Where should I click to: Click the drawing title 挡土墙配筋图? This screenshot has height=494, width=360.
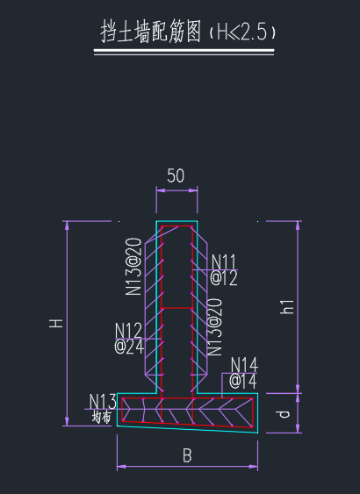151,31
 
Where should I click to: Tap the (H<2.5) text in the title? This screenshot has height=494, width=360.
242,32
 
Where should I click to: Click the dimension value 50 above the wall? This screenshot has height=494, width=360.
176,175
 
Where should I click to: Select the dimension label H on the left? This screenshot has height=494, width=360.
56,323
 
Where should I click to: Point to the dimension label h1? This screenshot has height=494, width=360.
287,306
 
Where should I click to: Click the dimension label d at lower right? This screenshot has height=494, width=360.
284,414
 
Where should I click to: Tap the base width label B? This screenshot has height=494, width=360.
187,455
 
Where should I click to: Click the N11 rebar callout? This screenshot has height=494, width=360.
224,262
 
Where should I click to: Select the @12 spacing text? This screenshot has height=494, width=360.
224,278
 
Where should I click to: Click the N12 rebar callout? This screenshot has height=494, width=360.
128,331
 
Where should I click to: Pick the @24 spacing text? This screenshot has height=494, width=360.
129,347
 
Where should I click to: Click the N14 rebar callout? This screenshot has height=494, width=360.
244,365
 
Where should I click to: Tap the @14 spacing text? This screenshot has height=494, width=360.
242,381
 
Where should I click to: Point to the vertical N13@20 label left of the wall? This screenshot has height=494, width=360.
133,267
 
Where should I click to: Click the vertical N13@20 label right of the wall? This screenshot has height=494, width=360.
214,327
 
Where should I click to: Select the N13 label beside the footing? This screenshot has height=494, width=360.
103,402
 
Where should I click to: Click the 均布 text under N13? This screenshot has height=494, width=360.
102,417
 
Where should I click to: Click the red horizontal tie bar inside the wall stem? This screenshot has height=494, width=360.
176,308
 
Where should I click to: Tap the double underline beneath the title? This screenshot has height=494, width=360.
184,52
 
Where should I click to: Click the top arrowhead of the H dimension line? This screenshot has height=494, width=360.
67,226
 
